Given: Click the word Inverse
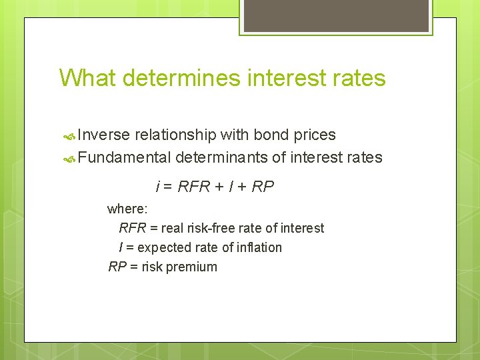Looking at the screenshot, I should (103, 135).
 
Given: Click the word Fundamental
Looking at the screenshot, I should (125, 157).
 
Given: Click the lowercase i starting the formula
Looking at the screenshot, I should (157, 187).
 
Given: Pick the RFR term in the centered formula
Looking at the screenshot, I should (193, 187).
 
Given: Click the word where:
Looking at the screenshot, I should (127, 209).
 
